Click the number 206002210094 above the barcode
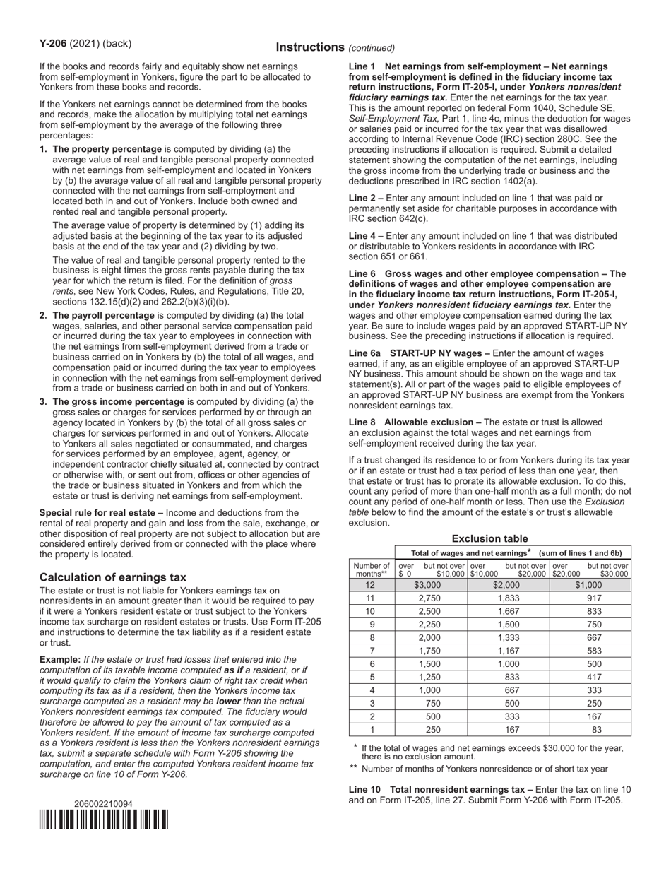103,804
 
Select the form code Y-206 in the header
53,44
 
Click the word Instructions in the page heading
310,47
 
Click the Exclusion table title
489,538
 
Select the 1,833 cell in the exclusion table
508,598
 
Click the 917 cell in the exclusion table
590,598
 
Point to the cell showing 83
590,730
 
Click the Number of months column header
372,569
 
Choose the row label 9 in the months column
372,625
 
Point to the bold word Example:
60,659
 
